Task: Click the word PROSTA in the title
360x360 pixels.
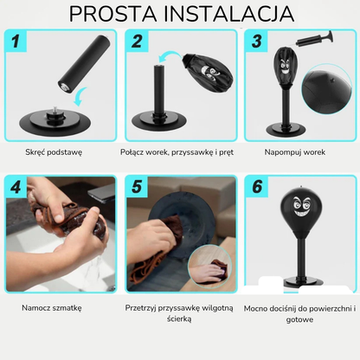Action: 113,14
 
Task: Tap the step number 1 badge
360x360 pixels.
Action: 16,41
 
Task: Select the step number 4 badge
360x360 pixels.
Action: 16,187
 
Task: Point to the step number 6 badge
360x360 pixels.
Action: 257,186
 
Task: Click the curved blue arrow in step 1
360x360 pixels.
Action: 80,97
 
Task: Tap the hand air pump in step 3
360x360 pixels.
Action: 314,40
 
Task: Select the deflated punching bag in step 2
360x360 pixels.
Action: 209,71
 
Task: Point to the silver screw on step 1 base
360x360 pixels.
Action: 55,110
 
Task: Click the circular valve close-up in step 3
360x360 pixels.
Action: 326,90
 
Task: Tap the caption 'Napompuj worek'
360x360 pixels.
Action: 295,152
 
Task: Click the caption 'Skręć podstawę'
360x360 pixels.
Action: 54,152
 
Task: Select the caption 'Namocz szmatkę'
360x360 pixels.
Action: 52,308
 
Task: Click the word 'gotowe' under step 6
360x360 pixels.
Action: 299,319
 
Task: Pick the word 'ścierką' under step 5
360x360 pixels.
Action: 179,318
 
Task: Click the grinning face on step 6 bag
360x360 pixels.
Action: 302,207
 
